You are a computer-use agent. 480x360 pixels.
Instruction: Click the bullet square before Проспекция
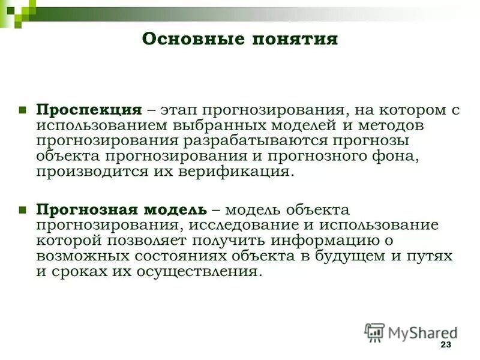pyautogui.click(x=22, y=110)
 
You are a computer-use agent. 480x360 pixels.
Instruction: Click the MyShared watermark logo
pyautogui.click(x=412, y=332)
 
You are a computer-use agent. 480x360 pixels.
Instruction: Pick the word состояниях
pyautogui.click(x=182, y=256)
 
